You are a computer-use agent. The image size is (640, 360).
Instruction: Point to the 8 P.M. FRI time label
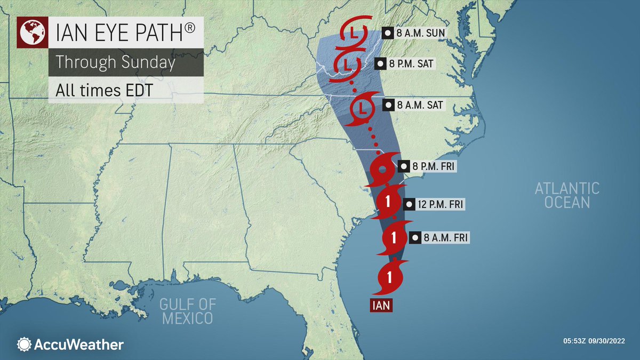(428, 166)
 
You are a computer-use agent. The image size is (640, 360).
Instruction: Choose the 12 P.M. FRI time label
(434, 204)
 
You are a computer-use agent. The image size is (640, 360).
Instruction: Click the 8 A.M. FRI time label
(439, 238)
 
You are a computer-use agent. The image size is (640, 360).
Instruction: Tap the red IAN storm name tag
(381, 307)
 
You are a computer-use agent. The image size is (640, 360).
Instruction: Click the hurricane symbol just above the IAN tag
(390, 277)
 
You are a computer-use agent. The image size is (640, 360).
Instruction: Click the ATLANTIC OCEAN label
(567, 195)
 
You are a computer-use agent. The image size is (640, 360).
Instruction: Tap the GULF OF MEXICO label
(188, 311)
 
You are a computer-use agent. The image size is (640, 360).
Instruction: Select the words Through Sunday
(116, 62)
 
